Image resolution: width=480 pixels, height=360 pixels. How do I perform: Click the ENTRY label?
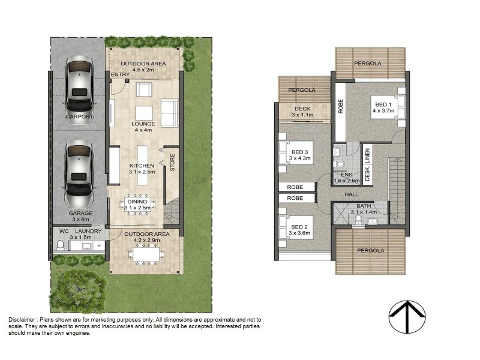tap(120, 74)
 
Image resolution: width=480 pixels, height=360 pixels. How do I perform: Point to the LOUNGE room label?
tap(143, 124)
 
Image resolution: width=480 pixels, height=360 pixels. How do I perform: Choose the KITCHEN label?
tap(142, 165)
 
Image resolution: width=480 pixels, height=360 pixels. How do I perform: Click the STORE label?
tap(172, 164)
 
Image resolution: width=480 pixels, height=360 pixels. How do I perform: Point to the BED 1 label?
tap(380, 103)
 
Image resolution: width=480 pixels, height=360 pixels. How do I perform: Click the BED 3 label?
tap(300, 152)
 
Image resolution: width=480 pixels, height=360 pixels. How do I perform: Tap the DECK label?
tap(302, 109)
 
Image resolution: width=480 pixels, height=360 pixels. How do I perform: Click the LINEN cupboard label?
tap(367, 154)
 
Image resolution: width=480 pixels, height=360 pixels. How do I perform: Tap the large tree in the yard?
tap(76, 289)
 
